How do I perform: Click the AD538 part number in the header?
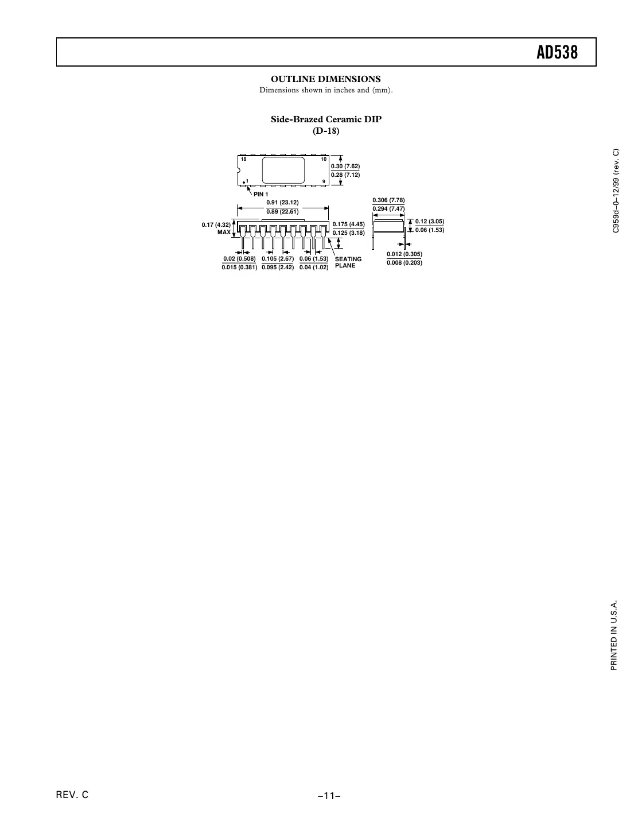pyautogui.click(x=557, y=52)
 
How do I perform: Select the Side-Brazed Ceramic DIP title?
pyautogui.click(x=326, y=119)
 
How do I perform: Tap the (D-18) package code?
pyautogui.click(x=326, y=131)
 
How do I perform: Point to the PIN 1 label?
pyautogui.click(x=261, y=194)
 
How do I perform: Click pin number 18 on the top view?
pyautogui.click(x=244, y=159)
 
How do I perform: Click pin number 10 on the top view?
pyautogui.click(x=324, y=159)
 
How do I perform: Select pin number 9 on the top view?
pyautogui.click(x=324, y=181)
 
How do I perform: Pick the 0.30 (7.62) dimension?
pyautogui.click(x=345, y=166)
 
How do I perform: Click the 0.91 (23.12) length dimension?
pyautogui.click(x=282, y=203)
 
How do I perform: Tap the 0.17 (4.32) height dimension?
pyautogui.click(x=216, y=224)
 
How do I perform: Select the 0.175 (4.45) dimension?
pyautogui.click(x=349, y=224)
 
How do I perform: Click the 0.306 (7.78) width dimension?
pyautogui.click(x=389, y=200)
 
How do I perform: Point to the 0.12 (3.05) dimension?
pyautogui.click(x=430, y=221)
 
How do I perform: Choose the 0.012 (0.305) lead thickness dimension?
pyautogui.click(x=404, y=254)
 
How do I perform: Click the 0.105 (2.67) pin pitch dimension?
pyautogui.click(x=278, y=259)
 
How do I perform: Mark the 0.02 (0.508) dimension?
pyautogui.click(x=239, y=259)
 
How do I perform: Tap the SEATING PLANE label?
pyautogui.click(x=348, y=262)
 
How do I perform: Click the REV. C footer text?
pyautogui.click(x=72, y=795)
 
